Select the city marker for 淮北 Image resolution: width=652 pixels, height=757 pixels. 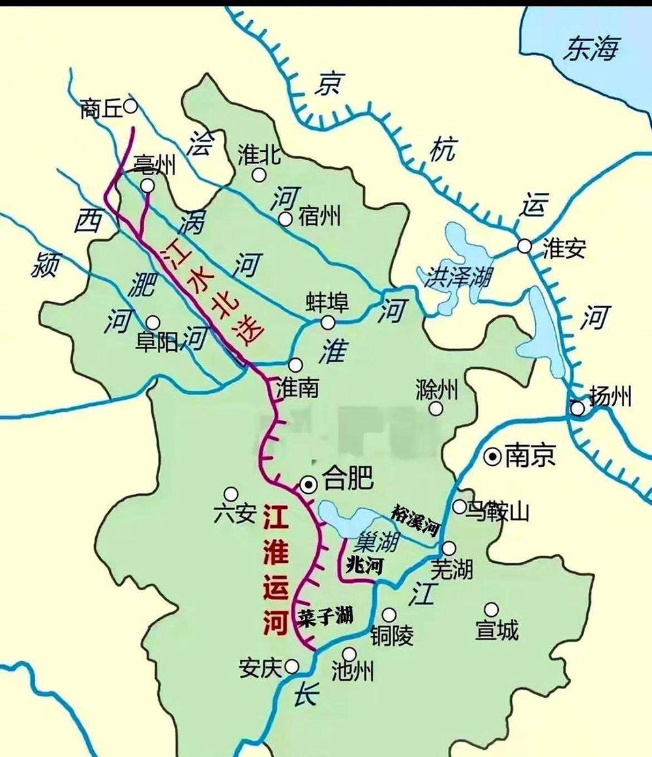[x=259, y=174]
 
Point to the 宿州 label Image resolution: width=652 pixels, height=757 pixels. [x=320, y=216]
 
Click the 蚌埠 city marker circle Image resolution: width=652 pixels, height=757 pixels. [x=328, y=322]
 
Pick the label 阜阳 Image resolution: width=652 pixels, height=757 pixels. [x=156, y=342]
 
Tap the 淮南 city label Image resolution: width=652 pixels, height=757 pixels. [x=298, y=388]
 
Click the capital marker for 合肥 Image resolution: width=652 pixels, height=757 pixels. [x=308, y=483]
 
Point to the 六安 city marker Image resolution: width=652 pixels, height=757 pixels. [x=230, y=493]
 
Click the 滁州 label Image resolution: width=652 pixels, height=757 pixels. [x=437, y=390]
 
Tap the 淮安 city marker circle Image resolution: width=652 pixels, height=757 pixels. [x=525, y=246]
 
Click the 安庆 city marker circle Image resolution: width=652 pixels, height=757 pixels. [x=292, y=665]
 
